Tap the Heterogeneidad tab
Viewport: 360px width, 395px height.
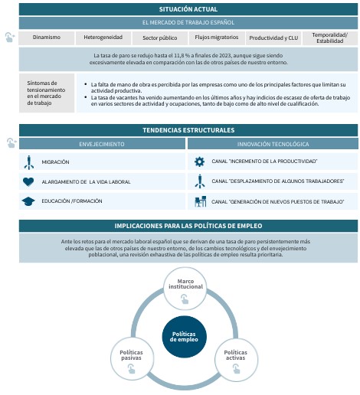102,38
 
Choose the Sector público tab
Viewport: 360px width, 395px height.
160,38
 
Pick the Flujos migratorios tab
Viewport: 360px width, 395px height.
217,38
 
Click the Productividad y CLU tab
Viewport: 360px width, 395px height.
272,38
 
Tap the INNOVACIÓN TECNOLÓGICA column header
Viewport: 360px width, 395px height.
273,143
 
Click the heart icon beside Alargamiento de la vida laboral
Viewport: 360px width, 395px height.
28,181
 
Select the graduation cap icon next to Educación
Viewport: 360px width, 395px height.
28,201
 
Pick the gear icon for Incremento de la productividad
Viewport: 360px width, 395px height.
199,162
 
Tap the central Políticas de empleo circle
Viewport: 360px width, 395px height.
185,336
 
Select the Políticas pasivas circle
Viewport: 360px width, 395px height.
132,358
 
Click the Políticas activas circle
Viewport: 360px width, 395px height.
236,358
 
